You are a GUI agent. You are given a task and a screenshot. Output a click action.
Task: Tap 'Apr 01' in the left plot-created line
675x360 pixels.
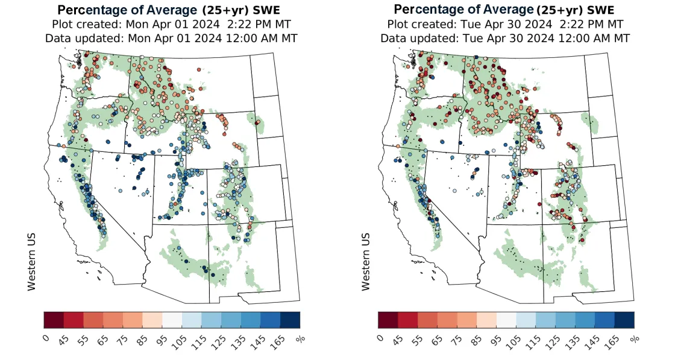point(159,24)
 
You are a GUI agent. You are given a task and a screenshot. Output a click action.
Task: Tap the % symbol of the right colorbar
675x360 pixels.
point(634,339)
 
